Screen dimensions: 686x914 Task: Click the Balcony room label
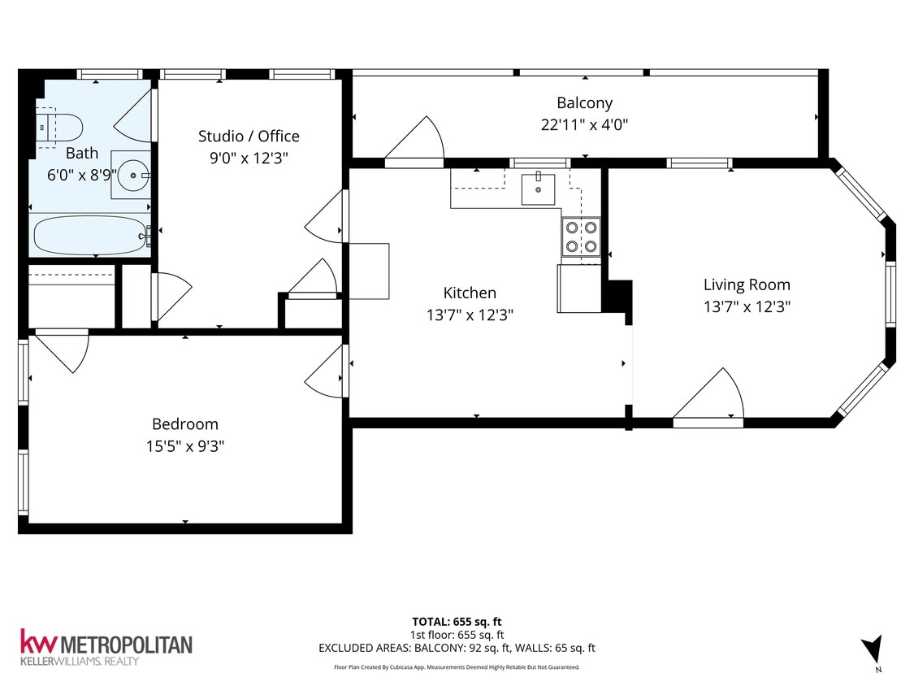click(584, 103)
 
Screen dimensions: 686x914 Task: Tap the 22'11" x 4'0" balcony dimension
click(584, 124)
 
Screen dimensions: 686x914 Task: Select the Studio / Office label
click(249, 136)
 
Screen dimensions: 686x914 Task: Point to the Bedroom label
click(185, 423)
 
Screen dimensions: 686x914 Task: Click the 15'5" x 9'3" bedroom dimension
click(185, 445)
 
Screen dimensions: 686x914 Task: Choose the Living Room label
click(747, 284)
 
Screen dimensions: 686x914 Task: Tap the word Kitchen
click(470, 293)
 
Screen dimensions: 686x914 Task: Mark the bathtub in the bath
click(89, 236)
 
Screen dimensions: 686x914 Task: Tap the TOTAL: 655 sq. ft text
click(457, 622)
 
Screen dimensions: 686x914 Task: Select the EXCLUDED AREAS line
click(457, 648)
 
